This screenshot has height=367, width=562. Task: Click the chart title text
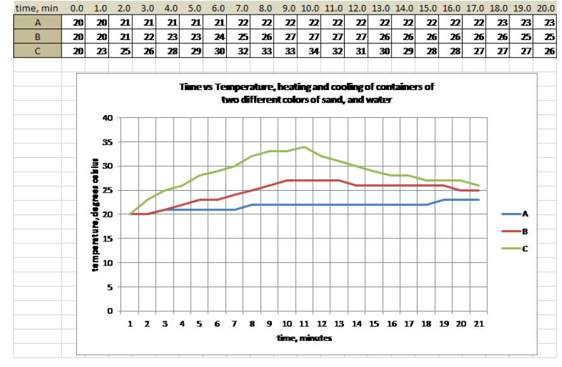point(306,93)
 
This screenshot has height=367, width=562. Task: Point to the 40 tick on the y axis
point(106,118)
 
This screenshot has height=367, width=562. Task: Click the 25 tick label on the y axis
point(106,190)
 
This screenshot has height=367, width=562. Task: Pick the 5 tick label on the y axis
point(109,287)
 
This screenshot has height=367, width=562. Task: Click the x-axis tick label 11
point(304,324)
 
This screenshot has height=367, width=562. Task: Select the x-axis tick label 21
point(478,324)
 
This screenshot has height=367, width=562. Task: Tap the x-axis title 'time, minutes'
point(304,338)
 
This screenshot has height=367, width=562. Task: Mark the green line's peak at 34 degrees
point(304,147)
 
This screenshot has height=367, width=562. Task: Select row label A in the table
point(37,22)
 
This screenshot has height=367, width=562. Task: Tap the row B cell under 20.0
point(548,37)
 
